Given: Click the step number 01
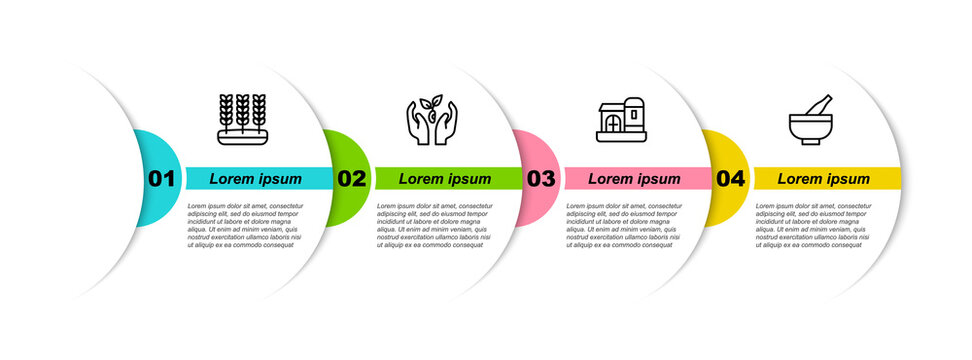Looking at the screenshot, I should point(161,179).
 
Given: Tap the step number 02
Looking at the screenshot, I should point(351,179).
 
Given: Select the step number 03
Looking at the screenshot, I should point(540,179).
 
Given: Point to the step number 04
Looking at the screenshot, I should point(731,179).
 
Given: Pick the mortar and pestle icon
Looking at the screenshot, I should point(812,120).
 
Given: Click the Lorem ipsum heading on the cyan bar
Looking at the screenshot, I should point(256,179).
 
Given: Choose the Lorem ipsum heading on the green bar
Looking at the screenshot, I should point(445,179).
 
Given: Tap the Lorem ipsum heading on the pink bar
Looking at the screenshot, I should point(634,179).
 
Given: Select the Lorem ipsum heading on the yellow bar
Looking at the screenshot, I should point(824,179).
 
